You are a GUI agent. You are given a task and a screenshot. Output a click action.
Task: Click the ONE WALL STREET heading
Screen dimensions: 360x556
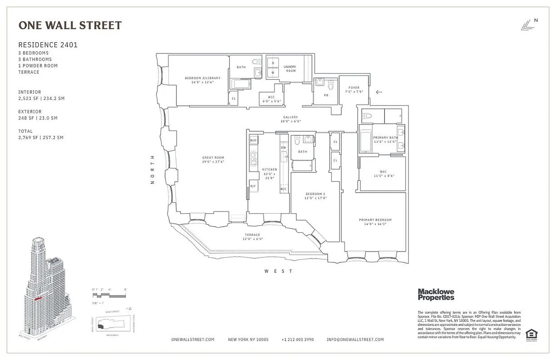(x=70, y=26)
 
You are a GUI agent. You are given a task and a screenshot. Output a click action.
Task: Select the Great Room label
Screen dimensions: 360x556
(x=213, y=160)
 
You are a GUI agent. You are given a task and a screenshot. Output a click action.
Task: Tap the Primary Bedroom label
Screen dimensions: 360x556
(x=375, y=222)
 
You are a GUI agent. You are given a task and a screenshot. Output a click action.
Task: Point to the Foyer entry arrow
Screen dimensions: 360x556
(x=379, y=92)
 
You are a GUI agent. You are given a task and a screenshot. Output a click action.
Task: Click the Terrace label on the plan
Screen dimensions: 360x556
(x=252, y=237)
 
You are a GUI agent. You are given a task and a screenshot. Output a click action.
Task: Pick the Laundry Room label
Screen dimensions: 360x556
(x=290, y=69)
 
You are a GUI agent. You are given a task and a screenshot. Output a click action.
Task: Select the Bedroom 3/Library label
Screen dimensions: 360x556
(x=202, y=80)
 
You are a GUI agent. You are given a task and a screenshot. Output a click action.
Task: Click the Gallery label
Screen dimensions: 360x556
(x=291, y=119)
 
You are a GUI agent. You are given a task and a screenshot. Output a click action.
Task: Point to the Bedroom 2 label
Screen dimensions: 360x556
(x=314, y=196)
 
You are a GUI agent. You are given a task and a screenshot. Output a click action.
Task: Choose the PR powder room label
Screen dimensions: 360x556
(x=325, y=95)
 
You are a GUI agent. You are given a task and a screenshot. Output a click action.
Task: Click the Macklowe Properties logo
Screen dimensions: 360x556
(x=436, y=294)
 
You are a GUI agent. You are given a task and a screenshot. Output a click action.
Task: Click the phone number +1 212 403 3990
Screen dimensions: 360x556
(x=297, y=340)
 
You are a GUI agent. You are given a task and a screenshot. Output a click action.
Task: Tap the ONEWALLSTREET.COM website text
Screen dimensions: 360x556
(x=193, y=340)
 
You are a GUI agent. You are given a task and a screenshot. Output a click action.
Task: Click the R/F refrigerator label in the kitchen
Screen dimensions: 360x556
(x=253, y=186)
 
